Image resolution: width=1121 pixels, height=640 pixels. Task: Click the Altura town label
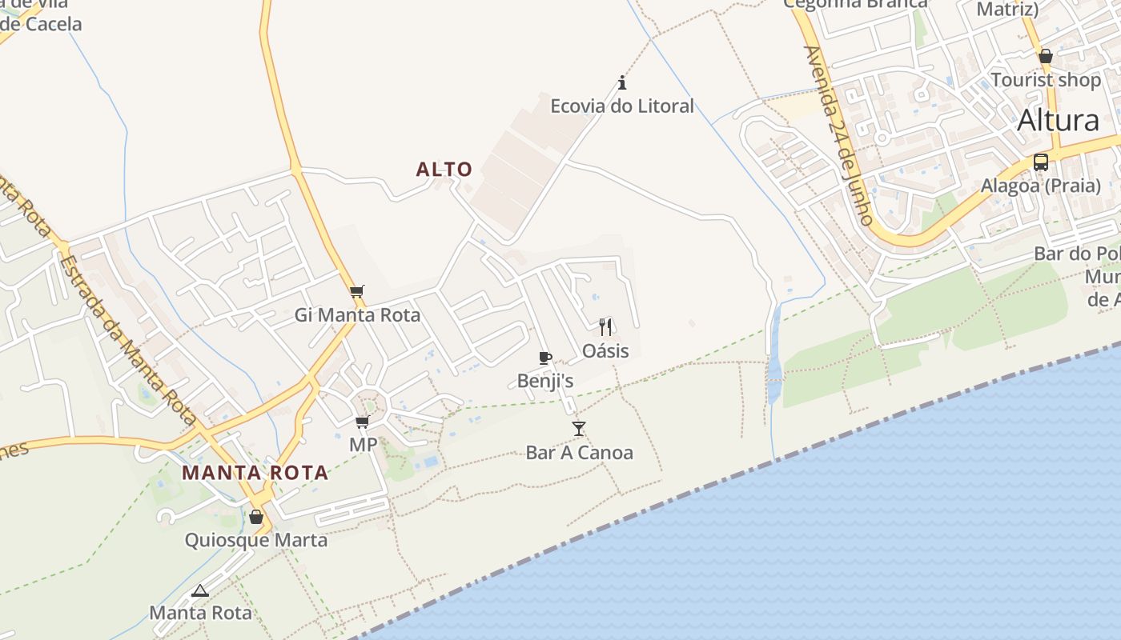pos(1058,121)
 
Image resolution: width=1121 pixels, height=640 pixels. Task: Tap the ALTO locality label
pos(444,170)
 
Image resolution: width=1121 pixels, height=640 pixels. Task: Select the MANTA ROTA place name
pos(255,473)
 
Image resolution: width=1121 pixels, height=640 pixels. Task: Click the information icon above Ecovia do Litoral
pos(621,82)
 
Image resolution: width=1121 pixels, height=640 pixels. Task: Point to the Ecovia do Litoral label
pos(621,106)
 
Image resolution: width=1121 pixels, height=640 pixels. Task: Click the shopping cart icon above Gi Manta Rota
pos(357,291)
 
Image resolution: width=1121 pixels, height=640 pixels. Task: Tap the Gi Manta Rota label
pos(357,314)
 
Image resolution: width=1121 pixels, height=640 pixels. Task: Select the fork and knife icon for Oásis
pos(605,326)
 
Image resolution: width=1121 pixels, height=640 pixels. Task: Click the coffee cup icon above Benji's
pos(545,358)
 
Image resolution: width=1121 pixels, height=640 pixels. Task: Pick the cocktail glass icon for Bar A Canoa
pos(579,429)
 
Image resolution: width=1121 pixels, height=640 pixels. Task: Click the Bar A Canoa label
pos(579,453)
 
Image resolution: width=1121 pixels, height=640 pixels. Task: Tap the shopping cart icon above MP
pos(363,422)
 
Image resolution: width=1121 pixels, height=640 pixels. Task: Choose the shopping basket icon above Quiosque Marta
pos(256,517)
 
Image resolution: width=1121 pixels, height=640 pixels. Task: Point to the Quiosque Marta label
pos(256,540)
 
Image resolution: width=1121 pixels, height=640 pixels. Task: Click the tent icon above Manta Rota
pos(200,591)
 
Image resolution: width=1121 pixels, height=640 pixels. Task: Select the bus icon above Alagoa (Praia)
pos(1041,162)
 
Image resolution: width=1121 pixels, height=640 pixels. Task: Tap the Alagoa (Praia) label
pos(1041,186)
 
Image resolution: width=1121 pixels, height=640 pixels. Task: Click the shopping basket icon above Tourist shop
pos(1046,56)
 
